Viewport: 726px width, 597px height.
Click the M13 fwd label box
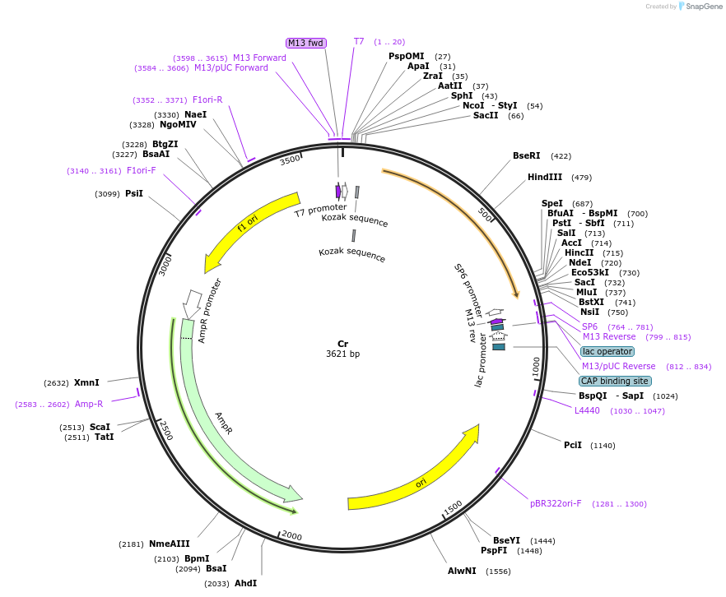[305, 43]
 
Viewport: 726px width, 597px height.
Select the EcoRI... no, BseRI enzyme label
[526, 155]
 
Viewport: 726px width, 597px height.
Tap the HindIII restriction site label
[544, 177]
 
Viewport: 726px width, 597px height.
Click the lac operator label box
[607, 351]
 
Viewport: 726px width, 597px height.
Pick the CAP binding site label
[614, 381]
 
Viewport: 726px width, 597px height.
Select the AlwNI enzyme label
[462, 571]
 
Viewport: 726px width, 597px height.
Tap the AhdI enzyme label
[245, 583]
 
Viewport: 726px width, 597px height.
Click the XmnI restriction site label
[86, 382]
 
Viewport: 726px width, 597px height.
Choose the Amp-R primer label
[89, 404]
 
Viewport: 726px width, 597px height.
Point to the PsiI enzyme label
[134, 193]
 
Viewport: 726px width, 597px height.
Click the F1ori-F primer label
[142, 170]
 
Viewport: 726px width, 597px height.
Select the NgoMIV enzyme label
[178, 124]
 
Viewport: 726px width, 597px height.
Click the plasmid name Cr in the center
[342, 344]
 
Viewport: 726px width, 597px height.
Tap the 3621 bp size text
[342, 354]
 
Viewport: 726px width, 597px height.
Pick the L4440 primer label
[587, 410]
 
